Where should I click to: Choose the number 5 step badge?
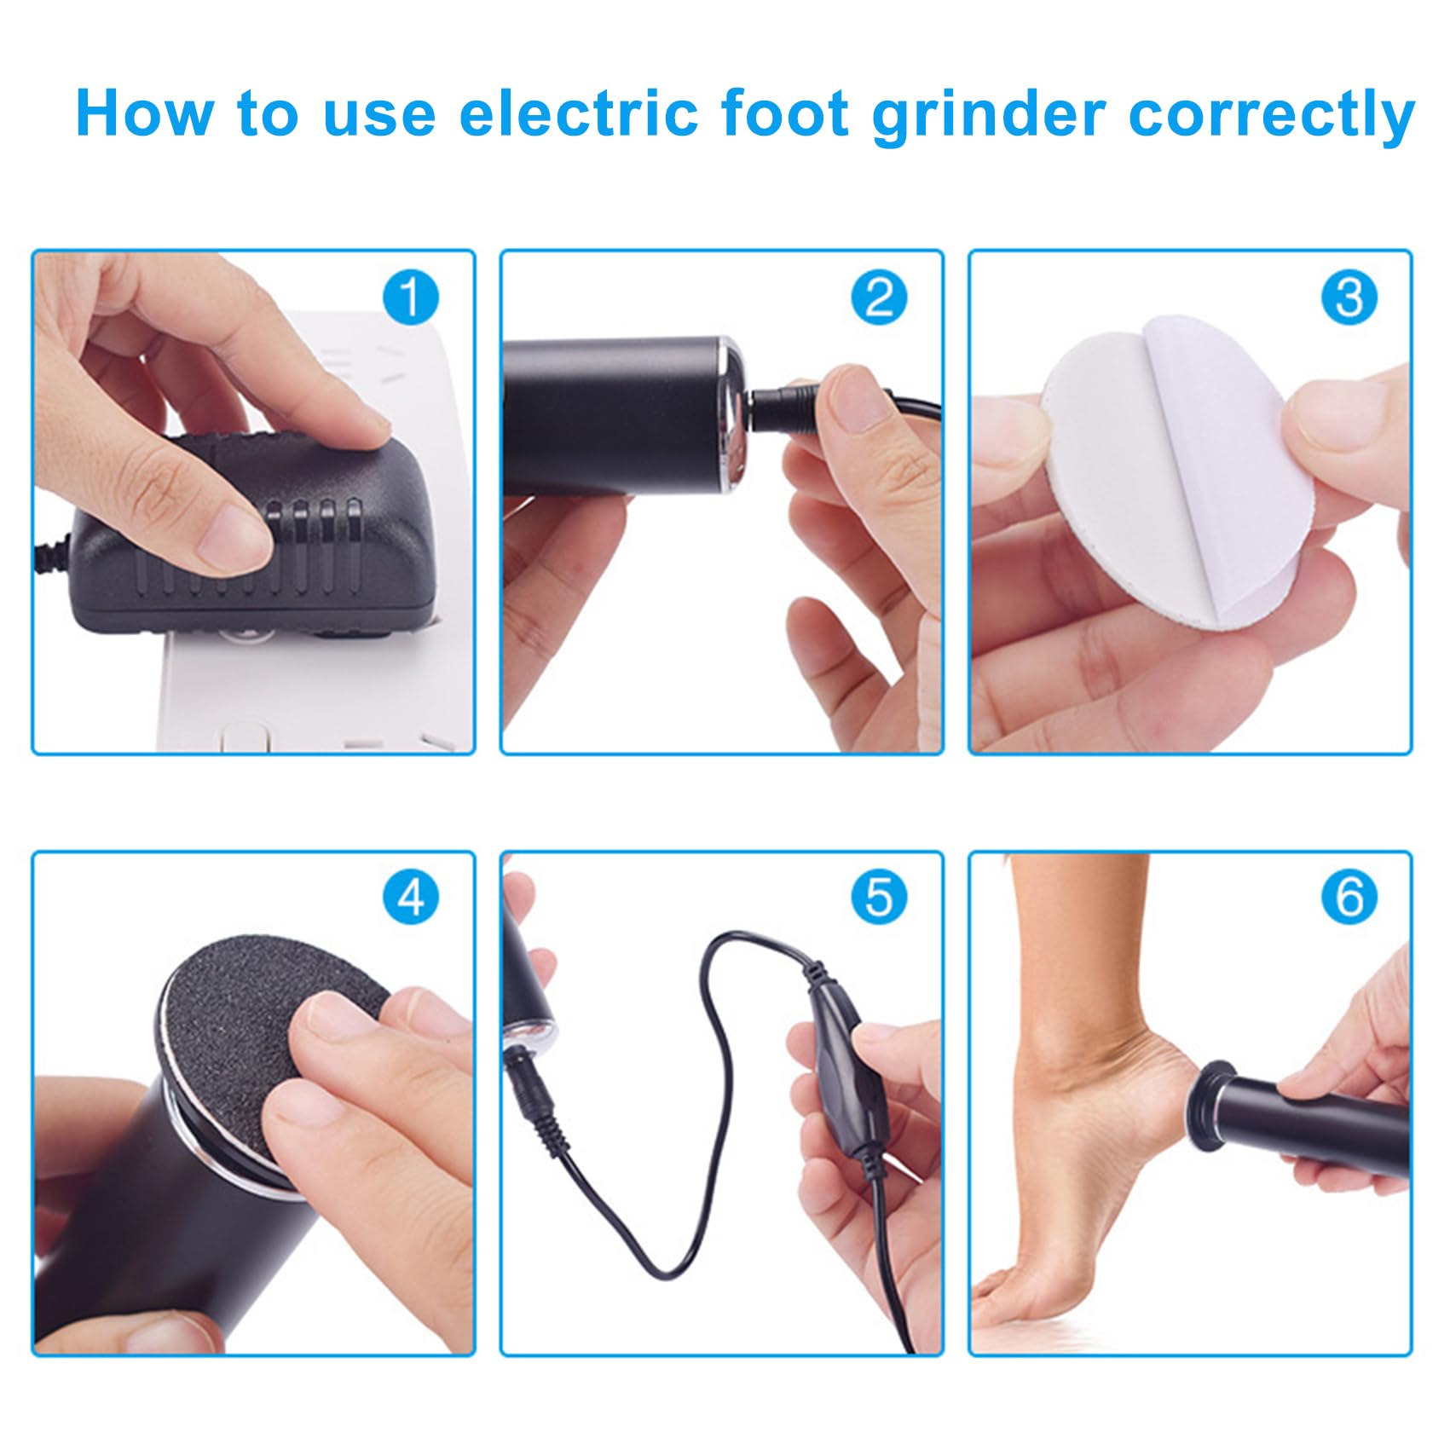click(879, 898)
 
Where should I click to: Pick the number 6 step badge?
click(1349, 898)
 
